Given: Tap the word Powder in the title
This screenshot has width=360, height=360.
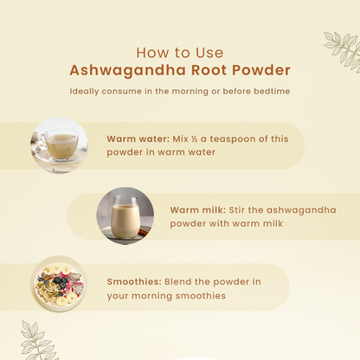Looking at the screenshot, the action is point(261,70).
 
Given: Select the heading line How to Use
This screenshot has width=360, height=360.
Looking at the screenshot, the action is point(180,53).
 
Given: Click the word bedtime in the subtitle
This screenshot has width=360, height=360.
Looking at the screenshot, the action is point(272,91).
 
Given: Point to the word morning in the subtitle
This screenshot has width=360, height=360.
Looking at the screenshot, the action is point(190,92).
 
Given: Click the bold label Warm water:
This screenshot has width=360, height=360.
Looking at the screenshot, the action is point(138,138).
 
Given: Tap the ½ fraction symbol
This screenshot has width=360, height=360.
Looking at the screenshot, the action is point(195,139).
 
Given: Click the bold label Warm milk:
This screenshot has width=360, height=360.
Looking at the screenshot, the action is point(198,209).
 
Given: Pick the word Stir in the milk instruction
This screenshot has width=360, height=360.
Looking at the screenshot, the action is point(237,209).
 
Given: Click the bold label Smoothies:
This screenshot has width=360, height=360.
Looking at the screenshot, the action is point(134,281).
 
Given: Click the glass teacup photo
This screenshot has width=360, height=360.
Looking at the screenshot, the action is point(59,145).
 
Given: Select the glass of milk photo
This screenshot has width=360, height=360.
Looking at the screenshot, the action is point(125,215).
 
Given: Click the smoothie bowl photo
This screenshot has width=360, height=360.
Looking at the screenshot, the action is point(59,285).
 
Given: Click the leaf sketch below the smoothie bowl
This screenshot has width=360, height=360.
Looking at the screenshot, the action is point(38,341).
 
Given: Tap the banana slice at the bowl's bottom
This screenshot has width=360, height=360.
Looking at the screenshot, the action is point(61,301).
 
